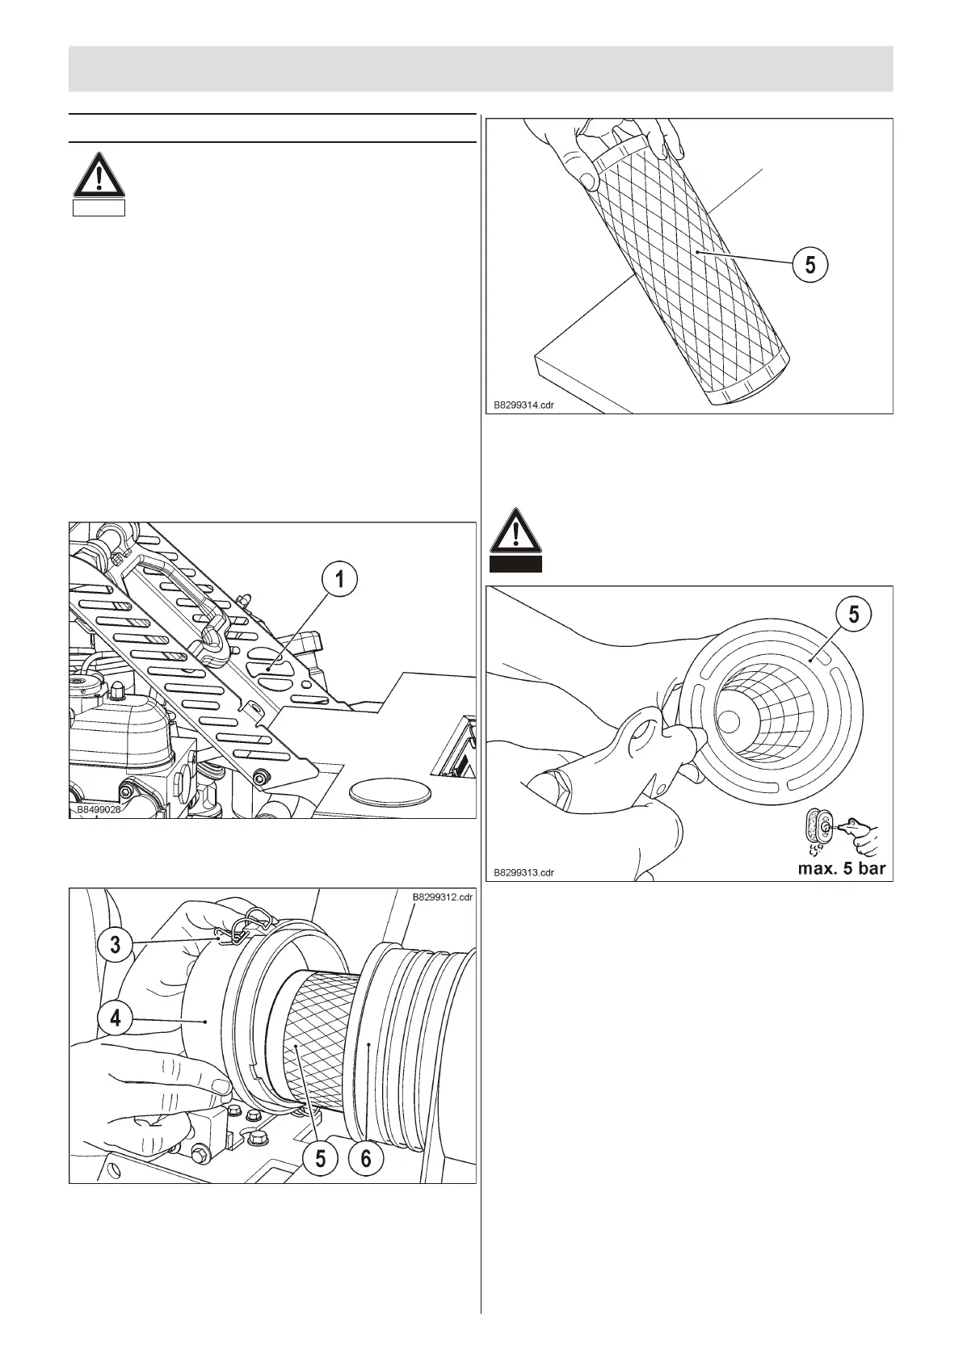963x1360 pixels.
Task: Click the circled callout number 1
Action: coord(340,580)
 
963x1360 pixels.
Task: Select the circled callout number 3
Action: coord(116,943)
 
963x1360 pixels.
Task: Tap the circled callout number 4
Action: coord(116,1018)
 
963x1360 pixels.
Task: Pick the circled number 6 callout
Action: coord(366,1159)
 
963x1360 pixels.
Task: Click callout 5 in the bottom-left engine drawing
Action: coord(321,1159)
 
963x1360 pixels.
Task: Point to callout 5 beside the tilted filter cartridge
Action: coord(810,264)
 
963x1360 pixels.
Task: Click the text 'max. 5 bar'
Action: coord(842,869)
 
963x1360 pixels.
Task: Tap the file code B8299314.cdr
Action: coord(524,405)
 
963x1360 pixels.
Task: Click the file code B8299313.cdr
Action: coord(524,872)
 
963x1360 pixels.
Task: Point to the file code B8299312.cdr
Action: coord(442,896)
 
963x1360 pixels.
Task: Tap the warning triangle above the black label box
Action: coord(516,531)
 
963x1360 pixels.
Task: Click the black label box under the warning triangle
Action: coord(516,565)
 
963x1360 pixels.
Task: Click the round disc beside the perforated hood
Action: coord(387,791)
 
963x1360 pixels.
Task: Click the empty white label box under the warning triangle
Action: coord(99,208)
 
